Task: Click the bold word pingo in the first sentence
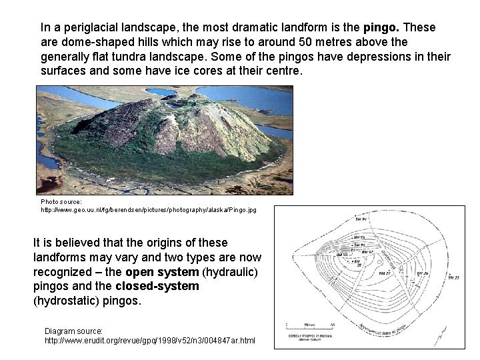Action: [381, 28]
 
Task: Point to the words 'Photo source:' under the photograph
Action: [61, 201]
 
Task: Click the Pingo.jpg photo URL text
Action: [148, 209]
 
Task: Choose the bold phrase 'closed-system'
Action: [157, 286]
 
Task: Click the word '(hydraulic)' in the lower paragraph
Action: [230, 272]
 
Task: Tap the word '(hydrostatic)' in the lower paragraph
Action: [70, 301]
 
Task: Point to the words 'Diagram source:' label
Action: [73, 331]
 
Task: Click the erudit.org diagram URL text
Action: [149, 340]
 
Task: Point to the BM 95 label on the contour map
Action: [359, 237]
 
